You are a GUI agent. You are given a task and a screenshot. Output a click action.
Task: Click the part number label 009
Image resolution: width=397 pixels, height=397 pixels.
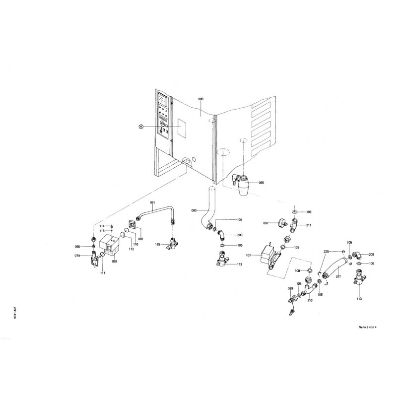click(200, 100)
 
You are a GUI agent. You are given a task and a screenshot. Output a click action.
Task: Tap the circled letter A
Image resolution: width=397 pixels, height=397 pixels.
click(141, 127)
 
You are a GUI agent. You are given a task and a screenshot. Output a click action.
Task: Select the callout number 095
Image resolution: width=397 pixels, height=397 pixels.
click(261, 183)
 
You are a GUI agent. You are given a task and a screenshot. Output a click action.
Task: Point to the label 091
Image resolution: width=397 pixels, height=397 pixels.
click(153, 202)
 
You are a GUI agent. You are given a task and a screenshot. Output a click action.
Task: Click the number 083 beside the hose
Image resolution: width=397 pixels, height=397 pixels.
click(195, 211)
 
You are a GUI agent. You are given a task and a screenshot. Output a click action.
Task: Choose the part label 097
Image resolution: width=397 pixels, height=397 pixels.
click(265, 223)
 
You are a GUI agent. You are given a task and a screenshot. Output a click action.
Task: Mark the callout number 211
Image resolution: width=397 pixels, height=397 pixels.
click(308, 225)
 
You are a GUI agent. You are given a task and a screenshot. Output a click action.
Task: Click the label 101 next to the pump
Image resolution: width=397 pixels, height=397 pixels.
click(249, 256)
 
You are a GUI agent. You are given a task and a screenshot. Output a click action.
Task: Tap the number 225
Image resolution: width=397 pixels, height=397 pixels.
click(326, 252)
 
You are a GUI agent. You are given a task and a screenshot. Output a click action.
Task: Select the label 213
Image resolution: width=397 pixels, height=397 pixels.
click(310, 300)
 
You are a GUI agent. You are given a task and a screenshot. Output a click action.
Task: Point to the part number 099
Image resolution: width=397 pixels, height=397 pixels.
click(290, 288)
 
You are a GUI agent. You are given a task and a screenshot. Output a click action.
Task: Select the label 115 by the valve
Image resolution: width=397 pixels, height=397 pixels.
click(157, 245)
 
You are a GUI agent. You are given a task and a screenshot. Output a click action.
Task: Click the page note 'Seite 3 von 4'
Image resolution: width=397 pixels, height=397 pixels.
click(368, 328)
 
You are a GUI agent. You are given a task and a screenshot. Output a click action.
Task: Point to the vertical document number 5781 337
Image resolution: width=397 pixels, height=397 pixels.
click(20, 316)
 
